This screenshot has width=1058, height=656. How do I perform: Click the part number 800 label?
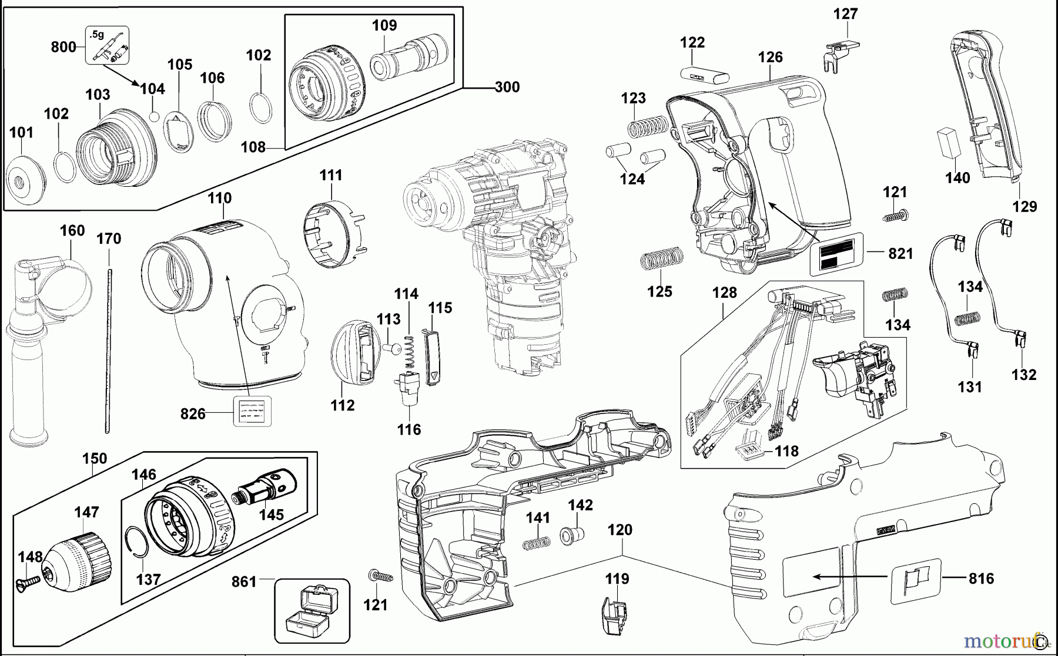point(63,46)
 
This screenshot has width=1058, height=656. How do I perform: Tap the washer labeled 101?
point(26,180)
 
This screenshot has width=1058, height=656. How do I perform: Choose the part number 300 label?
point(507,87)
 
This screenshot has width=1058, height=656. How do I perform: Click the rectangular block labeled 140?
point(947,143)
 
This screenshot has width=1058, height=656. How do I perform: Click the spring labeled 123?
point(647,127)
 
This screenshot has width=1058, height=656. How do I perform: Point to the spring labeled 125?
point(661,258)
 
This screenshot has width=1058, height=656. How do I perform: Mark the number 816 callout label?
point(981,578)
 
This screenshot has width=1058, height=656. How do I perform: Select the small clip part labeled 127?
point(839,53)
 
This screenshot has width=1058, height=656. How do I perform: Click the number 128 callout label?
point(724,292)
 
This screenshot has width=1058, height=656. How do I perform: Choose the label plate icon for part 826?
point(253,411)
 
